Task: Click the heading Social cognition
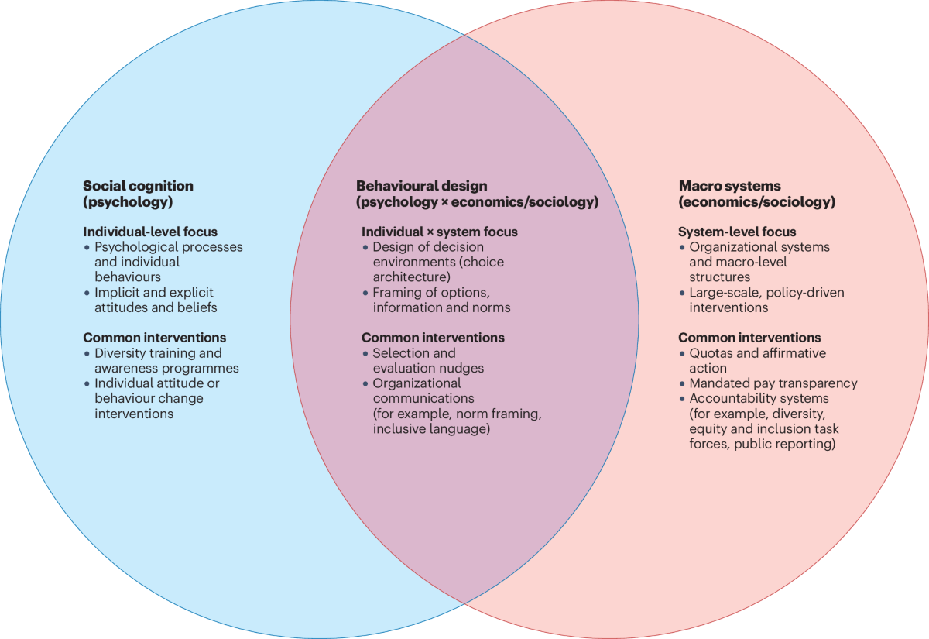[x=138, y=186]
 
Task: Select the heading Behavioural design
[x=421, y=186]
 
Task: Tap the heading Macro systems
[x=729, y=186]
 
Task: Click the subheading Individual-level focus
[x=150, y=232]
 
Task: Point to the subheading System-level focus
[x=736, y=232]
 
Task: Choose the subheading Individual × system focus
[x=439, y=232]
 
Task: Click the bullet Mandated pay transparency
[x=773, y=383]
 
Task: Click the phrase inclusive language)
[x=431, y=428]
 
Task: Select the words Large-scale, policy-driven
[x=766, y=292]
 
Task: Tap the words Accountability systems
[x=758, y=398]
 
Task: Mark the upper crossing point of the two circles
[x=464, y=35]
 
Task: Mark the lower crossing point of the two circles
[x=464, y=603]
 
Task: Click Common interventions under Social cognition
[x=154, y=338]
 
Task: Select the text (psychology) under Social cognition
[x=127, y=202]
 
